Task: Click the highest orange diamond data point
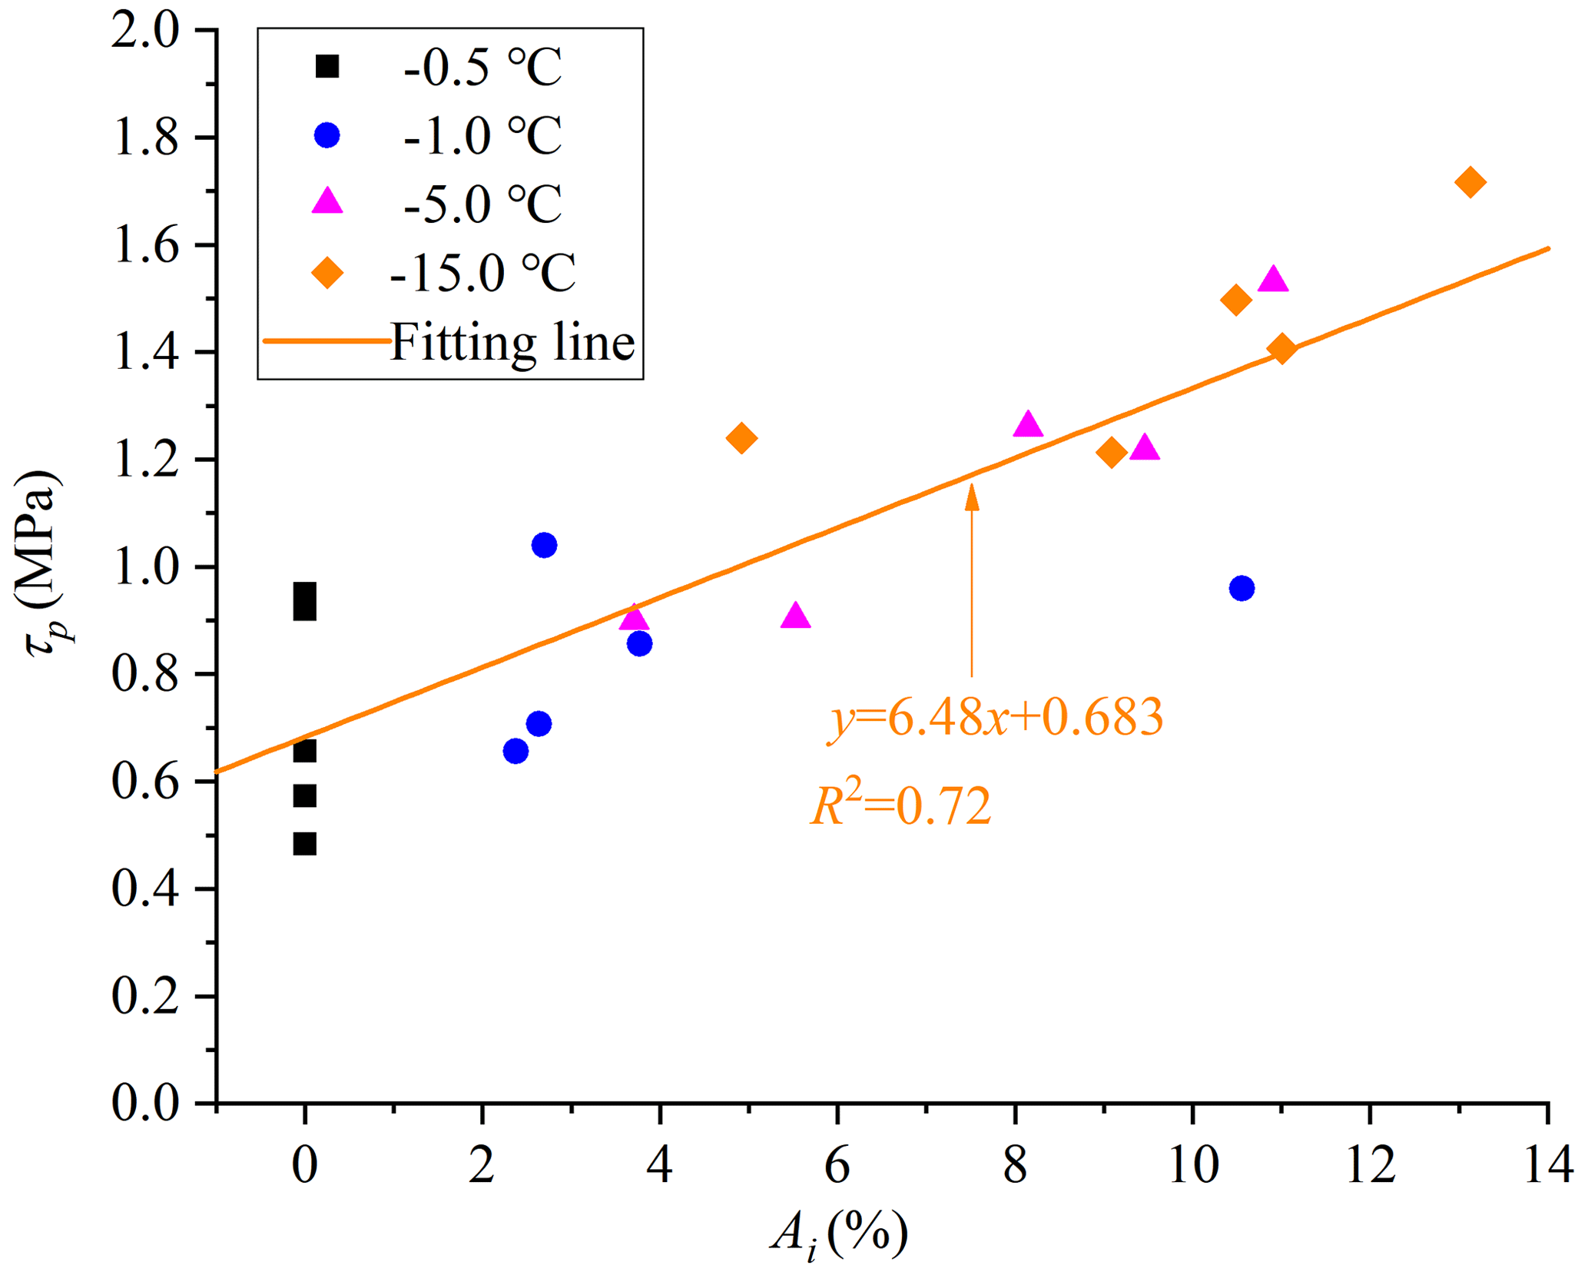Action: (1470, 183)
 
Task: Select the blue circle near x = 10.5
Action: (1242, 589)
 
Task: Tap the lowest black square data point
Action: (304, 844)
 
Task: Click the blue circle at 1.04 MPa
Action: (544, 546)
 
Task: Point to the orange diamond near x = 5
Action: (741, 438)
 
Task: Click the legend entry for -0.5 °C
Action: (482, 68)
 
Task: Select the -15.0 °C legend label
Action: (482, 272)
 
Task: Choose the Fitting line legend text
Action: (512, 342)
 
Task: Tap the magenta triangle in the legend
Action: (327, 201)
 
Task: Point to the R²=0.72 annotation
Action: (901, 807)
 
